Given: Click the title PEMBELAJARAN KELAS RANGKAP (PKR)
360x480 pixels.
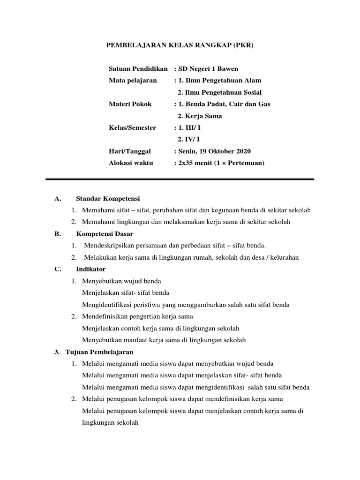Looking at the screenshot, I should (x=180, y=45).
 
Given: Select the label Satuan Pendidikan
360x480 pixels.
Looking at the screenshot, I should (x=138, y=69).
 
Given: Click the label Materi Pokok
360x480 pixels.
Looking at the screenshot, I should (x=130, y=104).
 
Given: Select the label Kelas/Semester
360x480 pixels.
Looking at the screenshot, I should (x=132, y=127).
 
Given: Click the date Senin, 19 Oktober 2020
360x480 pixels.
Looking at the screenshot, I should (x=214, y=151).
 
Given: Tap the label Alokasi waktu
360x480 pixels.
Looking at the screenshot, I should (x=131, y=163).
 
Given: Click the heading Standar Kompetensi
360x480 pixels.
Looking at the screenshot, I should (x=108, y=199).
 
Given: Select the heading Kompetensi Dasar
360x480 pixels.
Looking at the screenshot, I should (x=105, y=234).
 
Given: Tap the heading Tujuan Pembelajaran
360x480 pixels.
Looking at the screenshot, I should (x=99, y=352).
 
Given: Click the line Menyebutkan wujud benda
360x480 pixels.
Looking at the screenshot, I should (x=121, y=281).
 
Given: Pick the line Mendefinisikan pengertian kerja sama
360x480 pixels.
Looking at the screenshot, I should (x=137, y=316).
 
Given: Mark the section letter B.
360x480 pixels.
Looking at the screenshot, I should (x=58, y=234).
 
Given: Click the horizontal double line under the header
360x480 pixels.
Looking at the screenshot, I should (x=180, y=179).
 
